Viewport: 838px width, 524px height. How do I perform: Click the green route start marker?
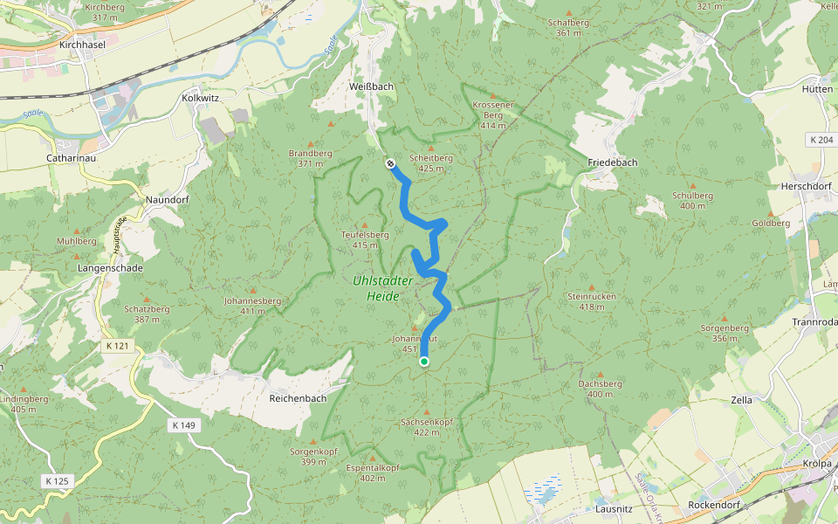[424, 362]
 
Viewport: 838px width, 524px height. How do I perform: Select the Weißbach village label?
[370, 86]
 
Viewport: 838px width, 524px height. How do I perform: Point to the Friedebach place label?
[612, 163]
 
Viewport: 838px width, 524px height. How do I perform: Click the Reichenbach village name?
[298, 398]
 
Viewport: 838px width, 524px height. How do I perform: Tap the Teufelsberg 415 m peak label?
[365, 239]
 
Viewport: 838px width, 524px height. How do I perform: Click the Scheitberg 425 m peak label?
[429, 163]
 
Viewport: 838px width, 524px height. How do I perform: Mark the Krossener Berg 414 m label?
[492, 114]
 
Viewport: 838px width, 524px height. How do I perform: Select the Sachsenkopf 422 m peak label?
[426, 426]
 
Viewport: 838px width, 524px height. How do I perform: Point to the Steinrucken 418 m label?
[591, 301]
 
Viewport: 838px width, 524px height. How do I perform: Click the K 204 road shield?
[821, 140]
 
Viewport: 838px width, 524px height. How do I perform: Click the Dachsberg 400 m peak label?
[600, 389]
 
